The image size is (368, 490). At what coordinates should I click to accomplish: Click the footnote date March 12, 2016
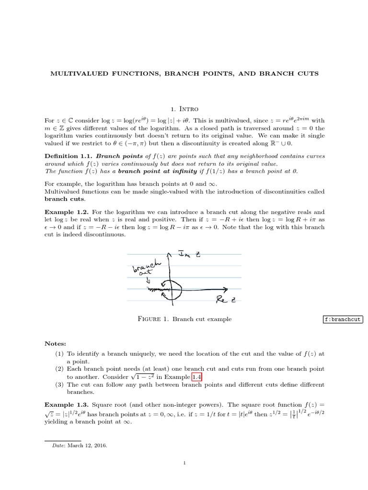click(x=88, y=445)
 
